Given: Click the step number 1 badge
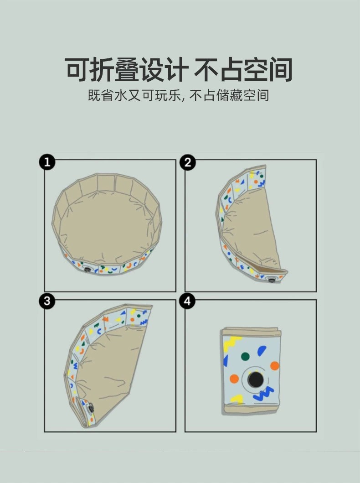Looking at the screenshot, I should (47, 162).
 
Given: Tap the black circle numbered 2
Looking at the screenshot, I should (188, 162).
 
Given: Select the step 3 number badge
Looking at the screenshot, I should (47, 301).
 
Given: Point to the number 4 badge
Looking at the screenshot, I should (188, 301).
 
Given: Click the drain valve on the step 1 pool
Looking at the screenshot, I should (87, 270).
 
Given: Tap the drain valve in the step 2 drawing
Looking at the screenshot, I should (272, 280).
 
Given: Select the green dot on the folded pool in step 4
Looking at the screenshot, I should (245, 356).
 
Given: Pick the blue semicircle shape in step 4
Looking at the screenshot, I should (262, 351).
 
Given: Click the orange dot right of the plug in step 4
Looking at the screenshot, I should (274, 365).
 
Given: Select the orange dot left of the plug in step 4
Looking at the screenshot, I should (234, 379).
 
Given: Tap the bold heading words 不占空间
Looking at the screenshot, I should (243, 70).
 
